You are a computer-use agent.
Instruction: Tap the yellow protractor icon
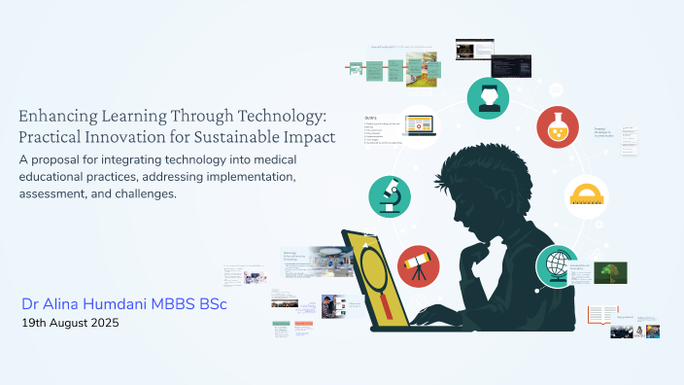tap(587, 196)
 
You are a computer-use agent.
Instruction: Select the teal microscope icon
tap(390, 196)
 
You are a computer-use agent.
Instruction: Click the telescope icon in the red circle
tap(419, 265)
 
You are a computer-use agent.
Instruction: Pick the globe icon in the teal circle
tap(557, 266)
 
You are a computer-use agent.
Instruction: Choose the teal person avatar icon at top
tap(488, 98)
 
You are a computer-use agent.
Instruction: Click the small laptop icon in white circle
tap(419, 126)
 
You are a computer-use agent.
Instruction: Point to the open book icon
tap(602, 315)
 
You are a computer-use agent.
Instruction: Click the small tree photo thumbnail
tap(611, 273)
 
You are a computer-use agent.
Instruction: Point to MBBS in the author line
tap(169, 304)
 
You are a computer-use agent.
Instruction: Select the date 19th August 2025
tap(70, 323)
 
